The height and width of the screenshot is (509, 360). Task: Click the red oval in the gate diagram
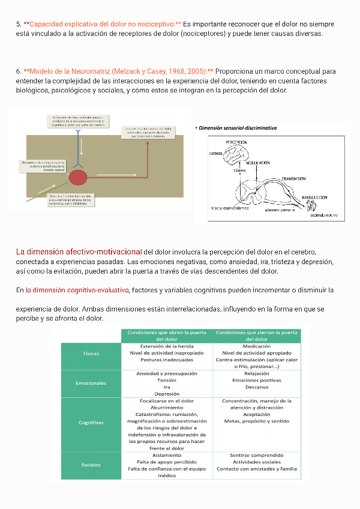pyautogui.click(x=78, y=177)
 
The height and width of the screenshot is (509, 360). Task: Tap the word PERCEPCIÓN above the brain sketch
pyautogui.click(x=236, y=142)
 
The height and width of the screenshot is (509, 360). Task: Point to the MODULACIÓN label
pyautogui.click(x=259, y=163)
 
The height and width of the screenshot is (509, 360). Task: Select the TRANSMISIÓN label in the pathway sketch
pyautogui.click(x=294, y=179)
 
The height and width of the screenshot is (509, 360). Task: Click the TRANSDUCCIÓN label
pyautogui.click(x=314, y=197)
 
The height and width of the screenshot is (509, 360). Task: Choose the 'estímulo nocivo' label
pyautogui.click(x=323, y=214)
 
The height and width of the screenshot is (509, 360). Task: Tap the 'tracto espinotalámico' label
pyautogui.click(x=230, y=208)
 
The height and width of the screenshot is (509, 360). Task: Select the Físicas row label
pyautogui.click(x=91, y=354)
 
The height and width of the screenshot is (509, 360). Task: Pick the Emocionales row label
pyautogui.click(x=91, y=383)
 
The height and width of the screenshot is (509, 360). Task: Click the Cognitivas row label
pyautogui.click(x=91, y=423)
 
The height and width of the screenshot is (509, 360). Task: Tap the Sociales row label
pyautogui.click(x=91, y=465)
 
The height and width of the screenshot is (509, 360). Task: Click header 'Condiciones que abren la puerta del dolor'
pyautogui.click(x=166, y=335)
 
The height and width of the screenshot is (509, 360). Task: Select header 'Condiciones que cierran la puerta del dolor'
pyautogui.click(x=256, y=335)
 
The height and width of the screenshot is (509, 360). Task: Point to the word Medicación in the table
pyautogui.click(x=257, y=346)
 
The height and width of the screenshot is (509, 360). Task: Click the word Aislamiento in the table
pyautogui.click(x=167, y=455)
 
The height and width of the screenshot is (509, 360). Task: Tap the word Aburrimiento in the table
pyautogui.click(x=167, y=408)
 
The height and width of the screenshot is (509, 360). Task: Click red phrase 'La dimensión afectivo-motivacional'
pyautogui.click(x=79, y=251)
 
